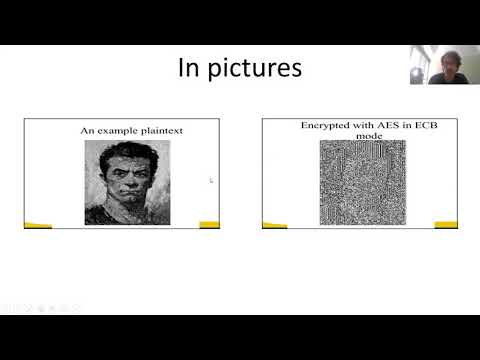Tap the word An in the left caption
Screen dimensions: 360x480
[87, 130]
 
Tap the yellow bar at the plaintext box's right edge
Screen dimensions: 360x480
[209, 224]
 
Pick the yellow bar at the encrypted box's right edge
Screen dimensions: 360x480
[445, 224]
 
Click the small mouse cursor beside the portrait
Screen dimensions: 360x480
[210, 180]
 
